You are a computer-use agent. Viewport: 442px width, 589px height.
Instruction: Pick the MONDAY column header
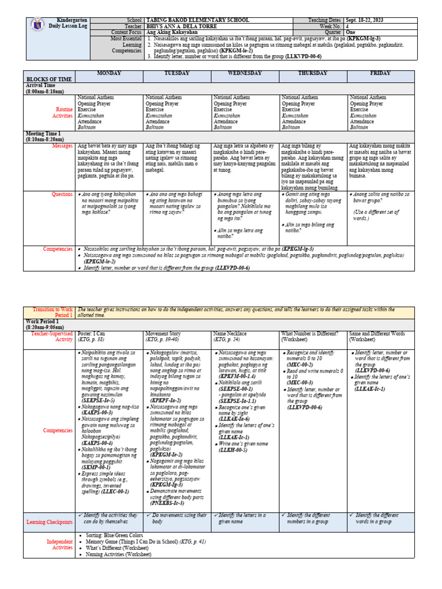pos(109,74)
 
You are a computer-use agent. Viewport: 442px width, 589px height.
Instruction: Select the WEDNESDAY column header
pos(245,74)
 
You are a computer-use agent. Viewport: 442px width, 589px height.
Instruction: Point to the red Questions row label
pos(62,194)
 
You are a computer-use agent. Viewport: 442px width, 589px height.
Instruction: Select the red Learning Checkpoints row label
pos(49,522)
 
